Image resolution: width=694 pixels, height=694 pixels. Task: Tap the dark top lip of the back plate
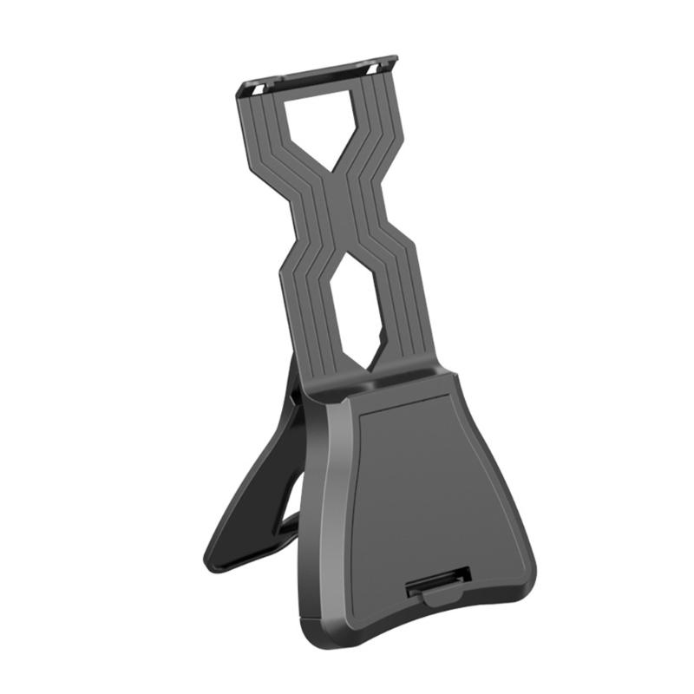pyautogui.click(x=317, y=73)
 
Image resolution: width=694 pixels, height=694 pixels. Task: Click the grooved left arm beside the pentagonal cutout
pyautogui.click(x=268, y=139)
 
